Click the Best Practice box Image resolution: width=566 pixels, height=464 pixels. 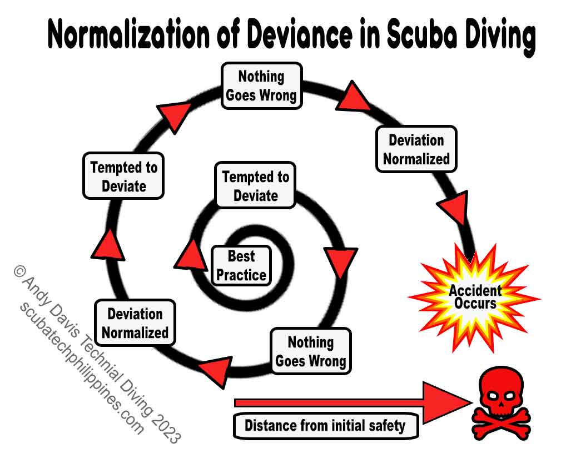pos(241,266)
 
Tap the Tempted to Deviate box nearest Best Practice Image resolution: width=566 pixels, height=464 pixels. pos(256,186)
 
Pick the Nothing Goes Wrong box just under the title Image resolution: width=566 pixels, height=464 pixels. pos(261,85)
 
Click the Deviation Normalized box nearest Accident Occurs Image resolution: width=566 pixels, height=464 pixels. pos(416,149)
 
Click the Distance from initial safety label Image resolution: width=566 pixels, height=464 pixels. pos(325,426)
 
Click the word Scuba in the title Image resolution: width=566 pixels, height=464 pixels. pos(415,36)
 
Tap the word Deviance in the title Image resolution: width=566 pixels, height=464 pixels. pos(302,36)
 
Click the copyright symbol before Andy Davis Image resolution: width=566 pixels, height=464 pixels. pos(19,271)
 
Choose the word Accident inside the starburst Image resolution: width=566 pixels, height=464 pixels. pos(475,290)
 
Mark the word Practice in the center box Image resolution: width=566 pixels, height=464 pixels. pos(241,274)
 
